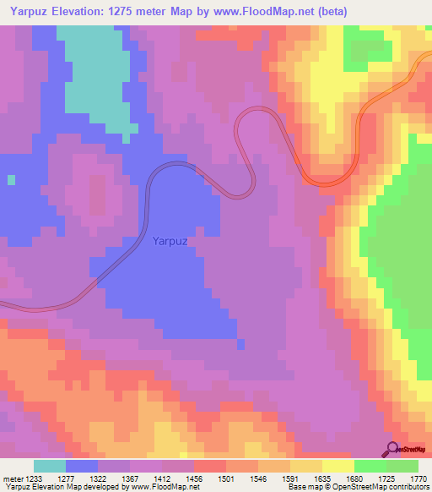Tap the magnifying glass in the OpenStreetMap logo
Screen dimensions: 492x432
click(391, 449)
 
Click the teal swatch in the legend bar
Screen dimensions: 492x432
click(50, 466)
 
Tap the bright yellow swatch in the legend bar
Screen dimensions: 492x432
click(337, 466)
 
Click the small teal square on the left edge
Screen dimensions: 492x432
click(11, 179)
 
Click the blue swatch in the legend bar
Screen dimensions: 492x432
click(82, 466)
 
